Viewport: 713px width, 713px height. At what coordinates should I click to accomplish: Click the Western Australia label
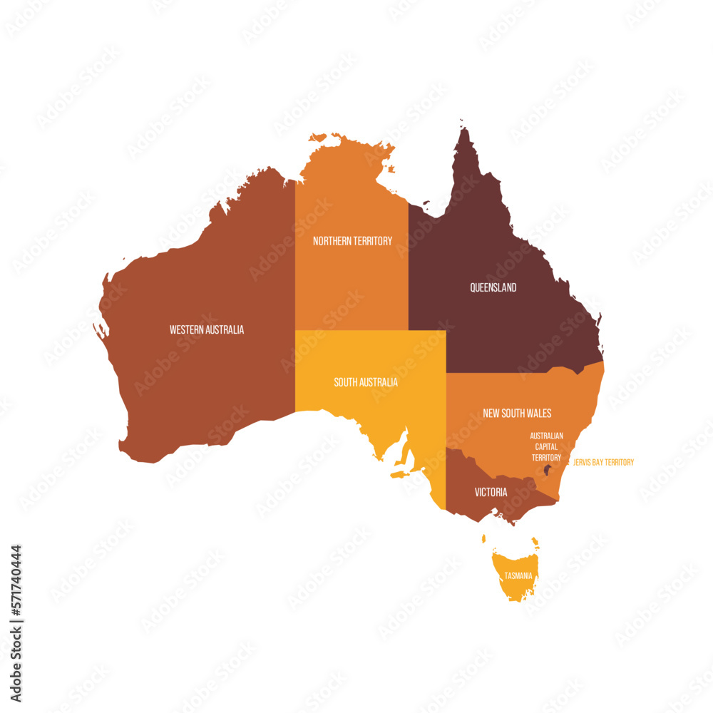point(207,329)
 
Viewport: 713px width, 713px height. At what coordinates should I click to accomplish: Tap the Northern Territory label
point(352,241)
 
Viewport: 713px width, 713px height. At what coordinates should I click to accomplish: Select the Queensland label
point(493,287)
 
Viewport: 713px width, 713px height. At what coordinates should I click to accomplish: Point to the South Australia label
point(366,382)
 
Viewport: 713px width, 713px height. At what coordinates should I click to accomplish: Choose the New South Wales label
point(517,413)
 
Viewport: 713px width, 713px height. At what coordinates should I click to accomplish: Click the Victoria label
point(491,492)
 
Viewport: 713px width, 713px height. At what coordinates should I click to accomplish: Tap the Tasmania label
point(518,575)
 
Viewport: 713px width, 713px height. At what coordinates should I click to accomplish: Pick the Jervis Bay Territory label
point(603,462)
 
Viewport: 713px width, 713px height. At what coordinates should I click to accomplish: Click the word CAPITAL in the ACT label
point(547,446)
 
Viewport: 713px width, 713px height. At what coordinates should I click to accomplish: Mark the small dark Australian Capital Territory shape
point(548,470)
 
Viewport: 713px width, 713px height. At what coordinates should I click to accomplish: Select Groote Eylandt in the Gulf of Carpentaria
point(391,169)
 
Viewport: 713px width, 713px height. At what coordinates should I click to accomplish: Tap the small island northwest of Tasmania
point(483,539)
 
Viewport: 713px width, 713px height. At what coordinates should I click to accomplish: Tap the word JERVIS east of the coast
point(583,462)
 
